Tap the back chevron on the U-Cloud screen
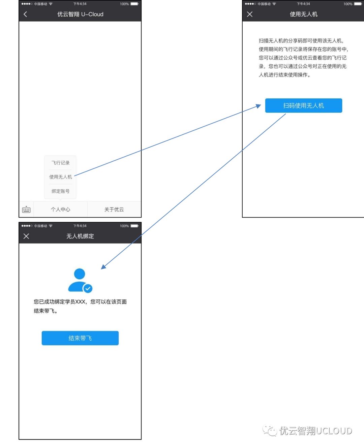click(x=25, y=14)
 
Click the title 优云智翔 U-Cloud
click(x=80, y=14)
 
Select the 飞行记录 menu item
click(x=60, y=163)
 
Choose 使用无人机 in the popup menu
click(x=60, y=177)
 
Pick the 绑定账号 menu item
click(x=60, y=191)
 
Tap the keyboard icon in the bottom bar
click(x=26, y=210)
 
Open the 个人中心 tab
click(x=60, y=210)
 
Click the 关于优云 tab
click(x=114, y=210)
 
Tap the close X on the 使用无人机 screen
click(x=250, y=14)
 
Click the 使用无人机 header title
click(x=304, y=14)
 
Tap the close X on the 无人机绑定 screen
click(x=26, y=236)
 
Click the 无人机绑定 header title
click(x=80, y=236)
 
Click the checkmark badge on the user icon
click(x=88, y=289)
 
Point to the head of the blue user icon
click(x=80, y=274)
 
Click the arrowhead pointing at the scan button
click(x=258, y=106)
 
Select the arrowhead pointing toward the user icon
click(x=104, y=266)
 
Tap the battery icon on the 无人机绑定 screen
click(x=134, y=226)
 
